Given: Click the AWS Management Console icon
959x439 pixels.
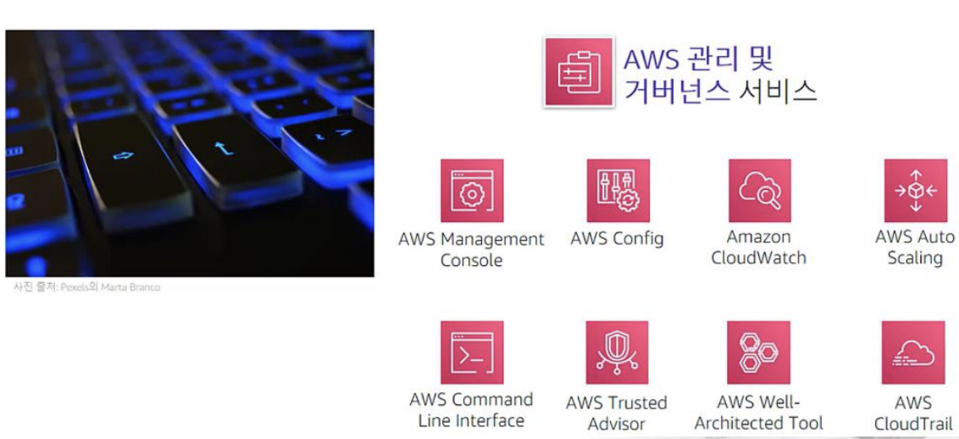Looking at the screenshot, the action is [471, 191].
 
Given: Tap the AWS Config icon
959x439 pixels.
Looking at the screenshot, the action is [617, 191].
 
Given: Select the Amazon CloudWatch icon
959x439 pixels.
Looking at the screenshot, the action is [759, 191].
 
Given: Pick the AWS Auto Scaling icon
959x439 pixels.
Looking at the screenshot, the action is [915, 191].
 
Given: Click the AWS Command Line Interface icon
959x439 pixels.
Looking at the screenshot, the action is [471, 353].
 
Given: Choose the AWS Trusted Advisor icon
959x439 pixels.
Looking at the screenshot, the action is [617, 353].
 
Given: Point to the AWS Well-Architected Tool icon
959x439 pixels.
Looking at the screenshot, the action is [759, 353].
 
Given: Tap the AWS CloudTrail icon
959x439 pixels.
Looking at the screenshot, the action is [913, 353].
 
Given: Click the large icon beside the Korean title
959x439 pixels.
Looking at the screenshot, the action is [579, 71].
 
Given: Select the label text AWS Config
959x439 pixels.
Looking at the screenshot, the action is [617, 239].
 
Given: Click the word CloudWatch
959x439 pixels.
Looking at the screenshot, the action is [759, 258].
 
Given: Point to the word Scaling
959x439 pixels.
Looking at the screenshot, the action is [915, 258].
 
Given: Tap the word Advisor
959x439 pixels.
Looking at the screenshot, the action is [617, 424].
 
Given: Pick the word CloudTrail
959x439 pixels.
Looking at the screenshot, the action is [913, 424].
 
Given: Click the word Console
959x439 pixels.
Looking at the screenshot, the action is [471, 260].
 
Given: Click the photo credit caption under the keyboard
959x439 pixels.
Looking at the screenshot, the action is [85, 287].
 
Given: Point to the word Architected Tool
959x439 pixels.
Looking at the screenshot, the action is [759, 422].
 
